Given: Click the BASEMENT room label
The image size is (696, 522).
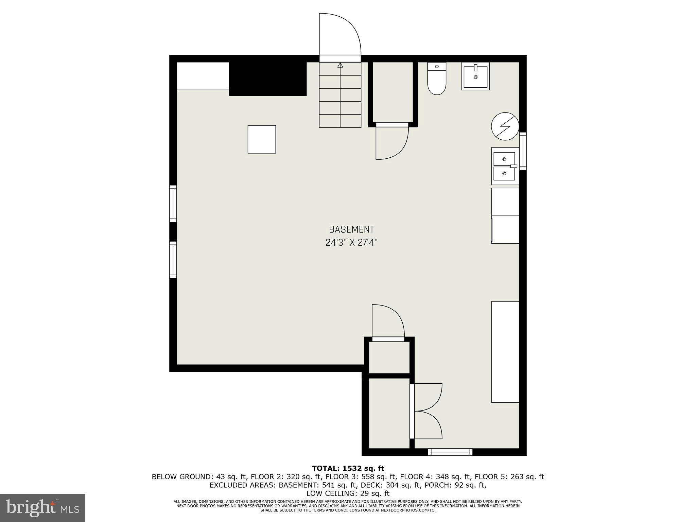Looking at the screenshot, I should pos(351,229).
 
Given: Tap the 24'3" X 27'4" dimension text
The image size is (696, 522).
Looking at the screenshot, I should pos(351,243).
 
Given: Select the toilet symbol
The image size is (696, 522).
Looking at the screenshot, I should pos(437,79).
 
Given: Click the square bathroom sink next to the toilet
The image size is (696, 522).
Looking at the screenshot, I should pos(475,76).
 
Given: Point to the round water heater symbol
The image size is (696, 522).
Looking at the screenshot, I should pos(505,126).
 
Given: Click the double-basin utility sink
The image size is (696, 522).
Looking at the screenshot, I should pos(505,166).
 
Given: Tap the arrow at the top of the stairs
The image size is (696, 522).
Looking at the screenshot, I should pos(340,65).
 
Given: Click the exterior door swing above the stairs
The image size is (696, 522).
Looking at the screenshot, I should pos(340,34).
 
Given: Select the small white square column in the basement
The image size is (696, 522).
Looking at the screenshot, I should pos(262,139).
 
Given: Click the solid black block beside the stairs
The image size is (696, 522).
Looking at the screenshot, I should pos(268,79).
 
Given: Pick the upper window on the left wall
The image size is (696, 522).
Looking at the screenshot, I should pos(173,204).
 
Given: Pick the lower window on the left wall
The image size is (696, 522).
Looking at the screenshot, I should pos(173,260).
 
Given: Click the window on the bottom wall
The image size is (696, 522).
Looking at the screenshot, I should pos(450,452).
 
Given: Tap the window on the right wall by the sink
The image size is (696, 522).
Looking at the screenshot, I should pos(523,151).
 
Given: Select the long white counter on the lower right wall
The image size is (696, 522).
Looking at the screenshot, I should pos(505,352).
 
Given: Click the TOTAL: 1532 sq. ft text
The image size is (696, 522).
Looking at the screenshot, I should pos(348,469).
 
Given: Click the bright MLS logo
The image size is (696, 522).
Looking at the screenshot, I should pos(42,508).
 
